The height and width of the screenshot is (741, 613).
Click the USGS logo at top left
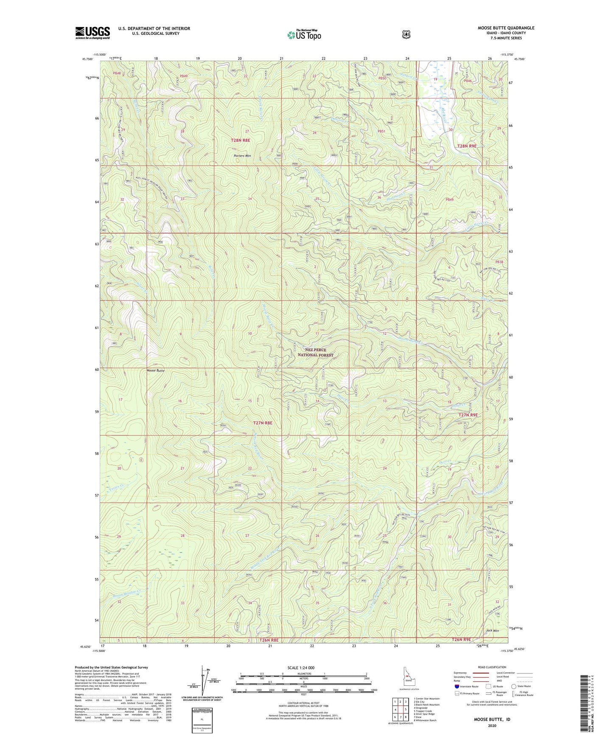tap(92, 33)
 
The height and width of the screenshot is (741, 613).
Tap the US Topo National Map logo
tap(304, 34)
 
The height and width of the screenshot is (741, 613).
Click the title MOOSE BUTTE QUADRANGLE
tap(506, 28)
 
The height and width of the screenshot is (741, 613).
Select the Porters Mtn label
tap(242, 156)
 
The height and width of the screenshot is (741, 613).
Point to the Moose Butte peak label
tap(155, 370)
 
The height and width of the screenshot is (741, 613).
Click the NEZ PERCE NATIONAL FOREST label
tap(315, 352)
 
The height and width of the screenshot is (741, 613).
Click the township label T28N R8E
tap(241, 140)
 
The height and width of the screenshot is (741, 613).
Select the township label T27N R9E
tap(468, 415)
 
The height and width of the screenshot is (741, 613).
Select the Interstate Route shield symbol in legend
tap(456, 686)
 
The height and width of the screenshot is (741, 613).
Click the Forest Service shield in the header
tap(406, 34)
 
